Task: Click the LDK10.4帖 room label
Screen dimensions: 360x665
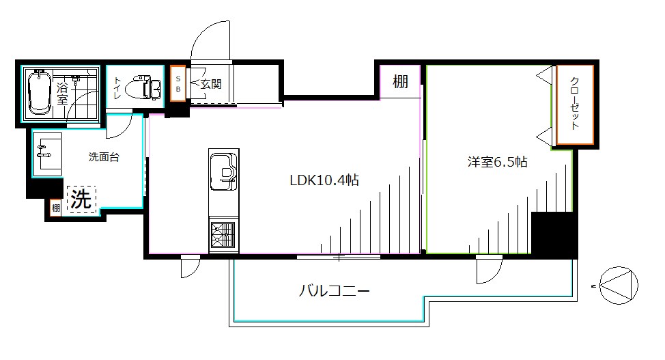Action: [324, 181]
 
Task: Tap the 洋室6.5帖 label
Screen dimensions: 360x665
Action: [496, 163]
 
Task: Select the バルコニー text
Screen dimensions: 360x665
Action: [335, 292]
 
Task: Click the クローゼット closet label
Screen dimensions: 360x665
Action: [575, 105]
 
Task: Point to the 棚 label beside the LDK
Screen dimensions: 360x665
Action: [400, 82]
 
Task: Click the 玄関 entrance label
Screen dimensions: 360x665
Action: [211, 84]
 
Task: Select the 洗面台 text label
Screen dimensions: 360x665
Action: [104, 157]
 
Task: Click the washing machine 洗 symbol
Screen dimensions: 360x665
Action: [81, 199]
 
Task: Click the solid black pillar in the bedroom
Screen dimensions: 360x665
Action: [554, 234]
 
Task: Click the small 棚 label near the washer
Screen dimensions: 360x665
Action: [55, 207]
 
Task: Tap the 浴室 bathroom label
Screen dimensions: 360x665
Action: [62, 92]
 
